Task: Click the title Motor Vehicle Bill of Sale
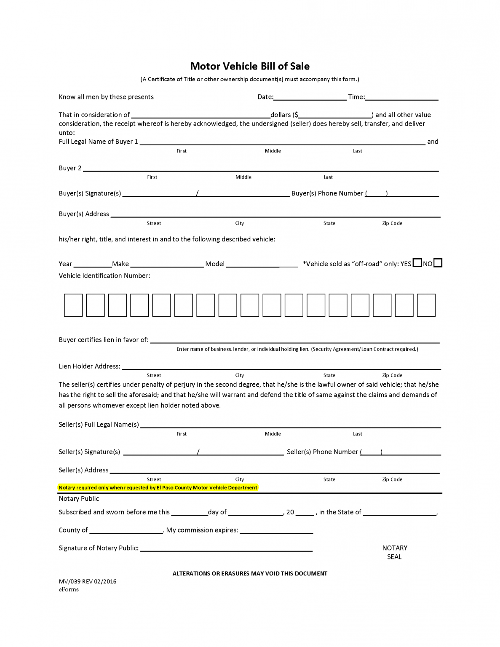coord(250,66)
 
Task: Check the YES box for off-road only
coord(417,263)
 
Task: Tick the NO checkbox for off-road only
coord(438,263)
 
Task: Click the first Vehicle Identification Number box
coord(73,305)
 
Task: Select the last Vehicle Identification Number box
coord(426,305)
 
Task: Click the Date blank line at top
coord(310,97)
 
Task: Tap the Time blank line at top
coord(401,97)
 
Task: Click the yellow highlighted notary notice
coord(158,487)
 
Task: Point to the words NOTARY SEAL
coord(394,552)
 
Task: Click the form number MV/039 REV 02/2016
coord(88,581)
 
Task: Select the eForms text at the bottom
coord(69,589)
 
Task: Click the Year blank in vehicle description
coord(92,264)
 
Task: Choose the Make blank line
coord(167,264)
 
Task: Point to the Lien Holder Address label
coord(89,366)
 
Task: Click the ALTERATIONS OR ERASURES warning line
coord(250,573)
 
